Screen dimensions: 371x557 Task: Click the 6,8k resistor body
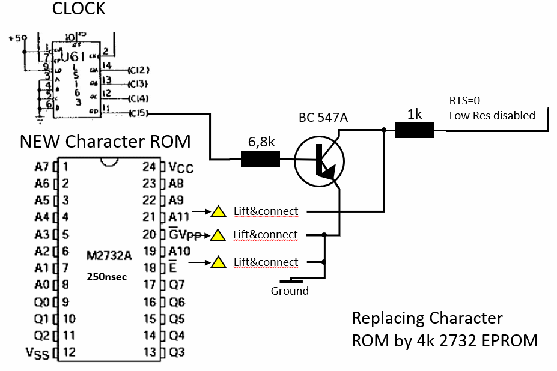point(260,159)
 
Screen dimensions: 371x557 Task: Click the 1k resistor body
point(414,130)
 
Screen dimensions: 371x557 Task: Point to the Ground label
point(290,291)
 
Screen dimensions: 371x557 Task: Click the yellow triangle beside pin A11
point(219,211)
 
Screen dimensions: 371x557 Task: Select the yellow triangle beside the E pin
point(219,262)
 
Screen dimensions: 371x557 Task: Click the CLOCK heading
point(79,9)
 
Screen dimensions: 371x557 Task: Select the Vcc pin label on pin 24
point(181,167)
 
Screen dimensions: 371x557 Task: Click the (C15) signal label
point(139,112)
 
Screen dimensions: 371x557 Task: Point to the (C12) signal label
point(138,70)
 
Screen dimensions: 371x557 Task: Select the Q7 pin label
point(177,285)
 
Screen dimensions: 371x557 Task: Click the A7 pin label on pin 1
point(42,167)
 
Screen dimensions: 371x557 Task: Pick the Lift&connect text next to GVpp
point(265,234)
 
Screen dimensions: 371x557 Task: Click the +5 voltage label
point(17,38)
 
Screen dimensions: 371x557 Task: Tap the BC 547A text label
point(323,118)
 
